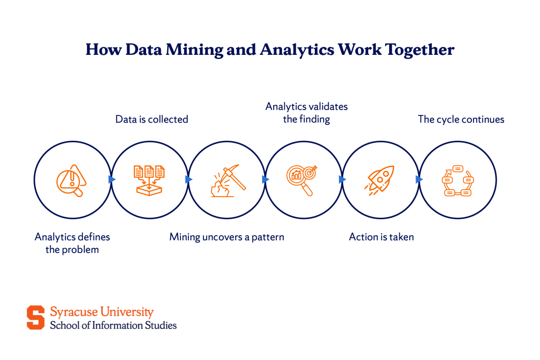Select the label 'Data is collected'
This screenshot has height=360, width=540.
[152, 120]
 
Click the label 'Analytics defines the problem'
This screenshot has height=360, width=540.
[72, 243]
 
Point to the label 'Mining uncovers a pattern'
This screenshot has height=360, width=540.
[227, 237]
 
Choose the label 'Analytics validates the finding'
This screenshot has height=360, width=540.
[306, 113]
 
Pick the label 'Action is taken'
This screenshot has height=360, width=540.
[381, 237]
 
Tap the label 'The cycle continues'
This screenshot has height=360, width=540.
[461, 120]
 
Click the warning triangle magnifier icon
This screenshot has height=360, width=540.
[72, 180]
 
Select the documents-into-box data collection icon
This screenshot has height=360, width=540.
[149, 180]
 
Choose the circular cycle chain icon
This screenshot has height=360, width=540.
[457, 180]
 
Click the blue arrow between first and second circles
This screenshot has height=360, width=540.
[112, 179]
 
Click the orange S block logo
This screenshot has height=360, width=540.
[36, 318]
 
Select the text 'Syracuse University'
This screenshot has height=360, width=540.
[102, 312]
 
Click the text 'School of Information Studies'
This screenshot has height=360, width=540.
[113, 325]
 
